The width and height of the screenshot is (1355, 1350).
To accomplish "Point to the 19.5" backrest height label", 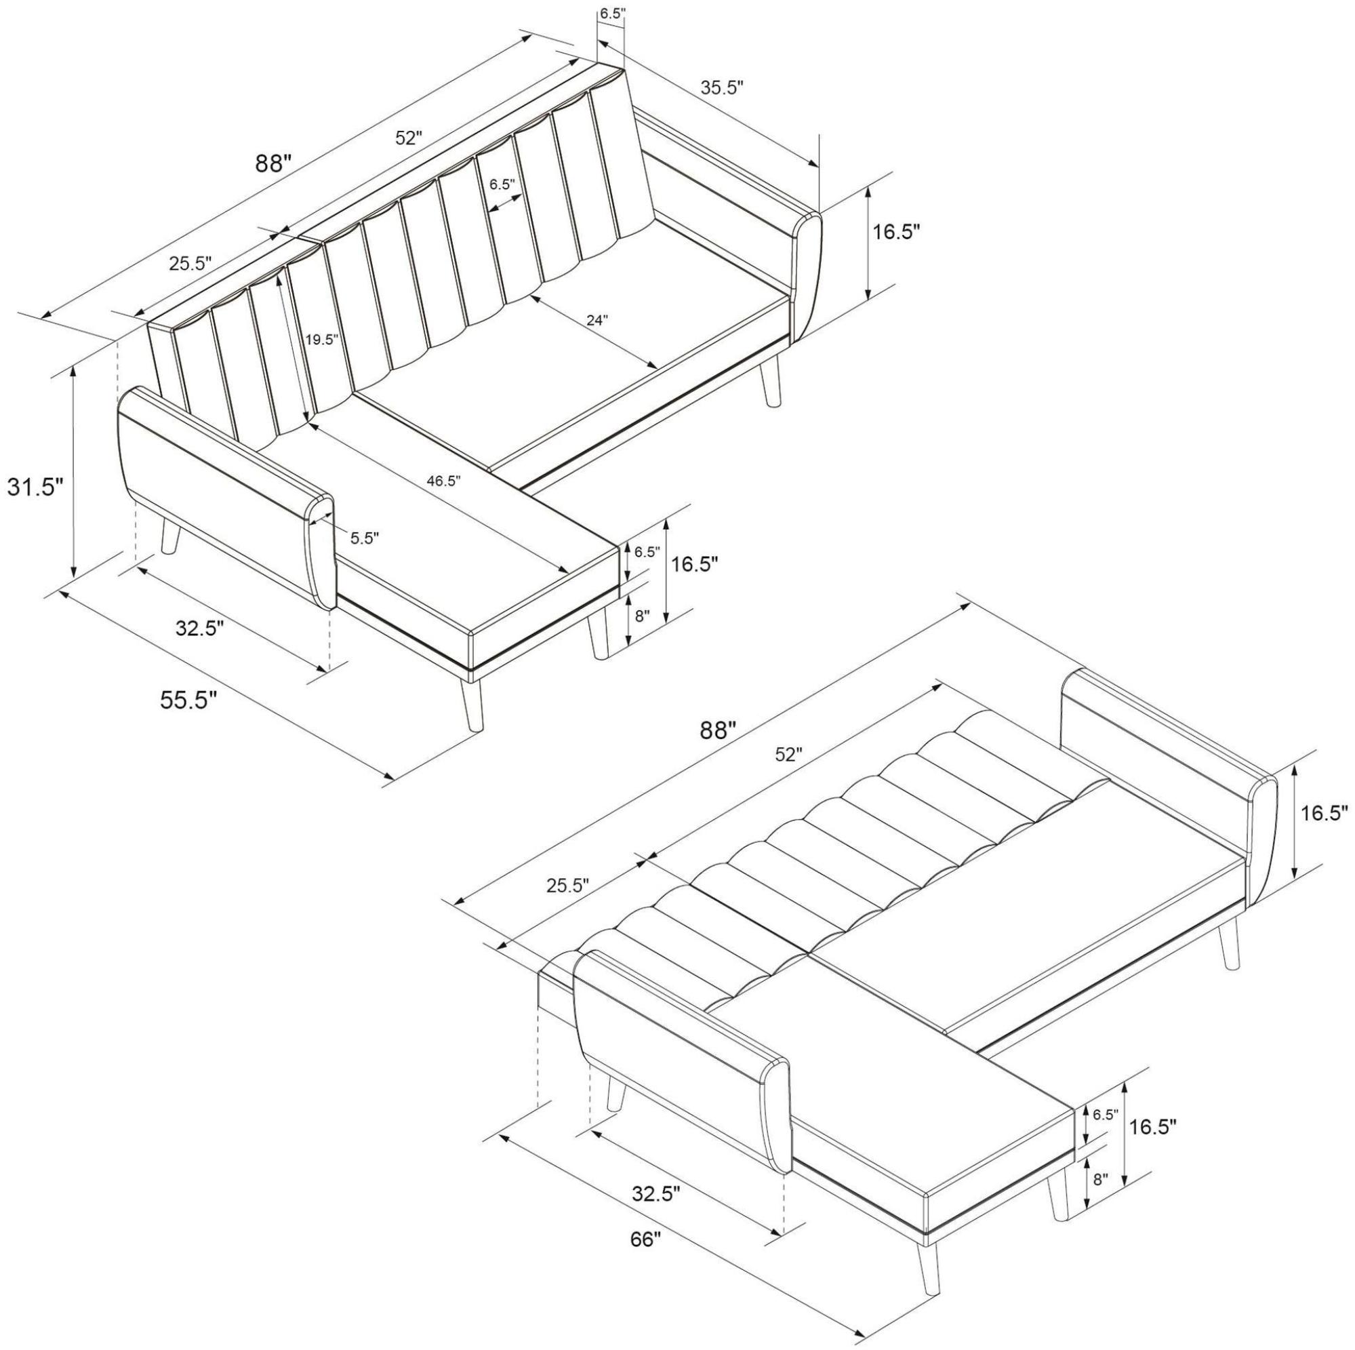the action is tap(322, 340).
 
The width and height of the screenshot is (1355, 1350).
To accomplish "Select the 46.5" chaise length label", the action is tap(444, 481).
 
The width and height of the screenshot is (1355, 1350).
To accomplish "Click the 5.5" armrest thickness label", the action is tap(365, 538).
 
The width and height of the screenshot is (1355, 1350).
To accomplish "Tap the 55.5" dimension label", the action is tap(188, 700).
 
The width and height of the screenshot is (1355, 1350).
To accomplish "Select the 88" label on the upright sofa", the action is tap(272, 163).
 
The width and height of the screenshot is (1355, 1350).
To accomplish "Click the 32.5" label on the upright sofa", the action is tap(200, 627).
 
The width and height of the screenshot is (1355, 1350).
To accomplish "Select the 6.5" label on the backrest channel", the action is tap(502, 184).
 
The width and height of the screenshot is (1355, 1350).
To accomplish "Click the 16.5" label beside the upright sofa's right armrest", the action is tap(895, 233).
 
